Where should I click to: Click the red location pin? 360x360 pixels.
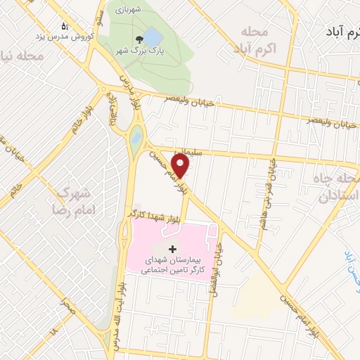[181, 166]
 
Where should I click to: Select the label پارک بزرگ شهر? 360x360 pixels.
[134, 51]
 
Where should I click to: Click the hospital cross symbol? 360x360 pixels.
[173, 249]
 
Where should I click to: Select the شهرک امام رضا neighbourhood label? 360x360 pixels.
[71, 200]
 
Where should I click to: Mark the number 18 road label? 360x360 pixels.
[53, 329]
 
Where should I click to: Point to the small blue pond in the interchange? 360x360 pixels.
[136, 135]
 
